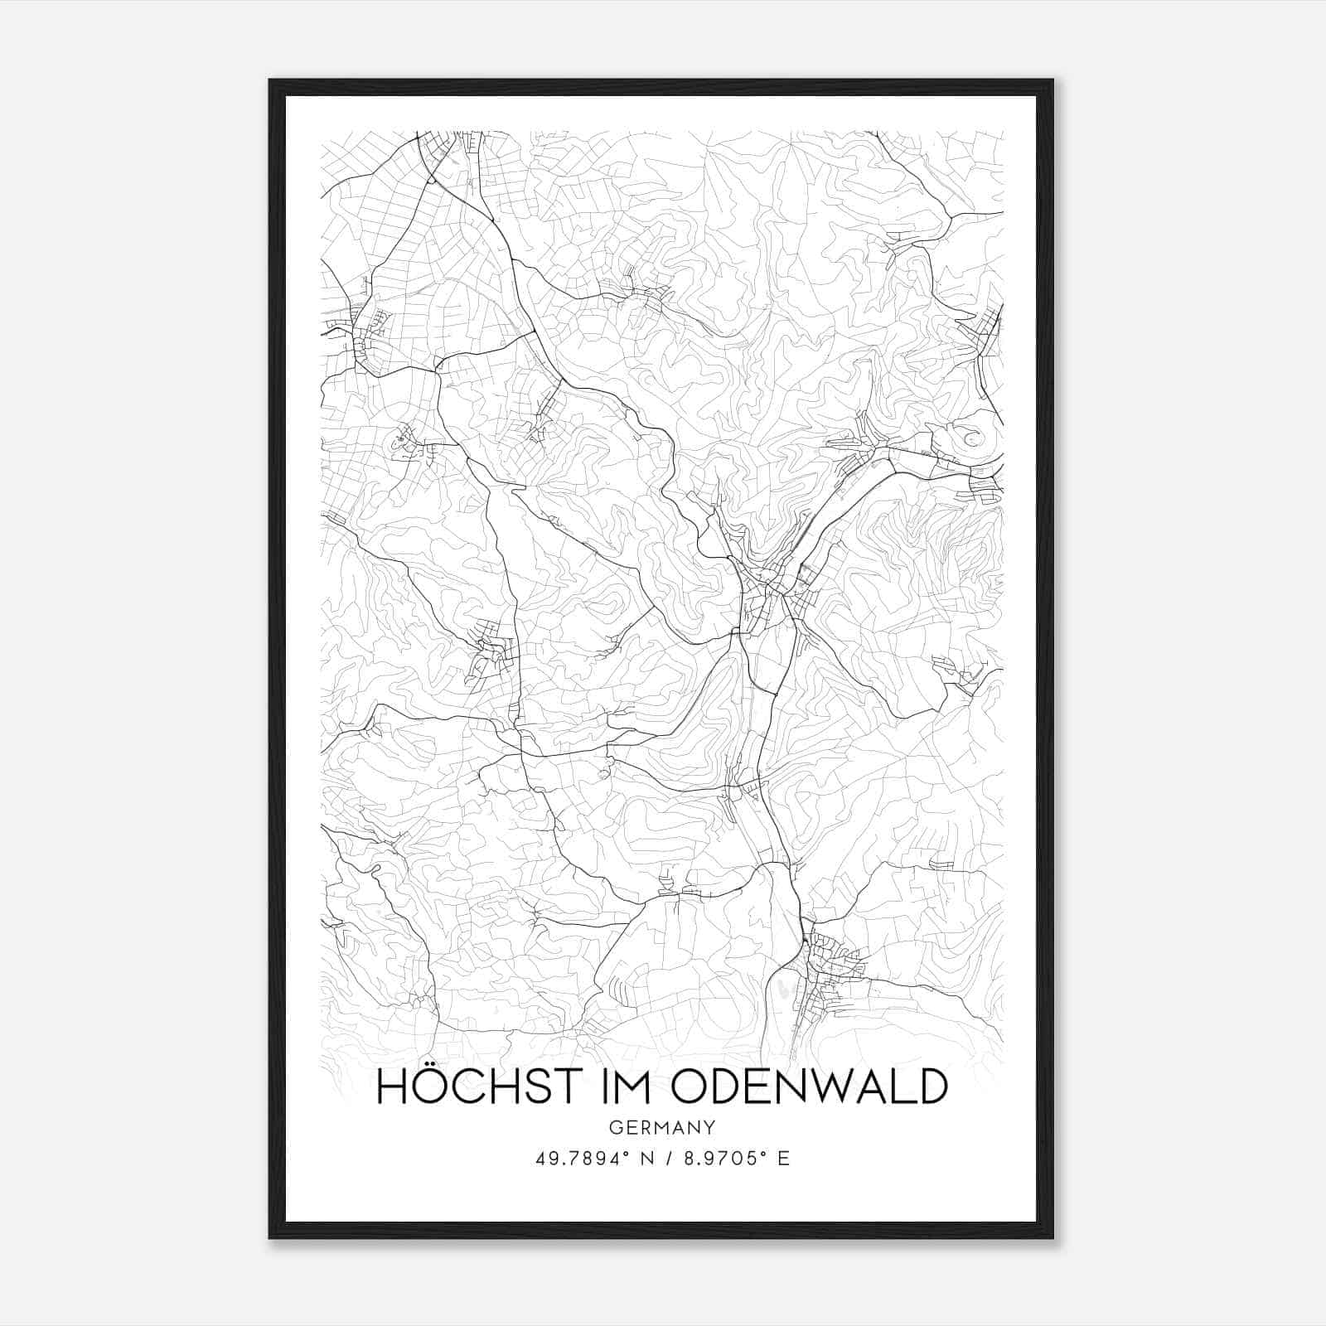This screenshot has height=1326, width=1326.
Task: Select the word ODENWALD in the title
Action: [x=808, y=1086]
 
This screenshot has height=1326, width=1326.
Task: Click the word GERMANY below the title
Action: [x=662, y=1127]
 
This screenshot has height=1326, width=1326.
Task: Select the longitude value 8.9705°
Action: [x=725, y=1159]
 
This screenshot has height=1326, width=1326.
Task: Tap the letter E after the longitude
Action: [x=783, y=1159]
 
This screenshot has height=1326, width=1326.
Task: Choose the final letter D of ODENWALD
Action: [x=932, y=1086]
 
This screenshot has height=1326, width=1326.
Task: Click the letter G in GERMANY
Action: [x=614, y=1127]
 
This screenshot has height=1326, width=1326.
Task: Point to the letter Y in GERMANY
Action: [x=710, y=1127]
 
